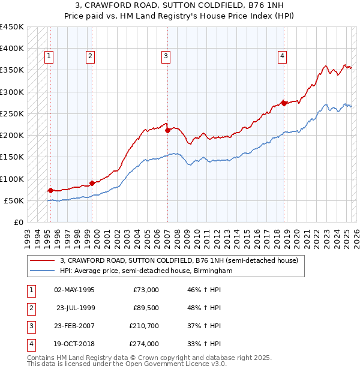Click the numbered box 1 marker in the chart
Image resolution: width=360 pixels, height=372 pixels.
tap(49, 57)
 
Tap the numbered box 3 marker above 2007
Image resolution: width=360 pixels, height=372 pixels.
tap(165, 57)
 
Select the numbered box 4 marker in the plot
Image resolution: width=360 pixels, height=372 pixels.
tap(281, 57)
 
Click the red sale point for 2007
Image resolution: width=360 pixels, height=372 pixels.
tap(168, 131)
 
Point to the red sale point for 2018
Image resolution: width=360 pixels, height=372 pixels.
tap(284, 103)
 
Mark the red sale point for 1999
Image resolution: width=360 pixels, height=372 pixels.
tap(92, 183)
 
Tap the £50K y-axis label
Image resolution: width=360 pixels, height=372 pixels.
tap(14, 200)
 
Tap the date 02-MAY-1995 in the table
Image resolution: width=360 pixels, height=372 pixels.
tap(74, 290)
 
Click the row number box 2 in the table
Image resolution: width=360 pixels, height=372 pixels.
tap(30, 308)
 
